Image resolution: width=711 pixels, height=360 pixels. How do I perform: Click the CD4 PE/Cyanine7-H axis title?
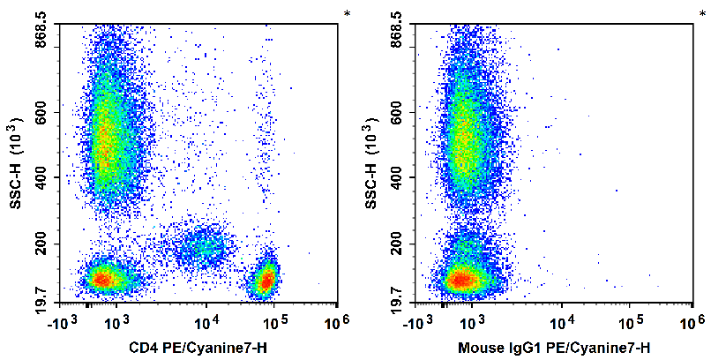[x=197, y=347]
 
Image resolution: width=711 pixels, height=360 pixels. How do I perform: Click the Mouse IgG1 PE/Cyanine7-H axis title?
[x=553, y=347]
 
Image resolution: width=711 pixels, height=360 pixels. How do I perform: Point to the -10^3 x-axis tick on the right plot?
[x=430, y=319]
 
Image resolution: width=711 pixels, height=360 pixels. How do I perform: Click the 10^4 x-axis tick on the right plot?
[x=561, y=319]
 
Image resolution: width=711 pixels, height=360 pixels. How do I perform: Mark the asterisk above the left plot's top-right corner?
[x=347, y=14]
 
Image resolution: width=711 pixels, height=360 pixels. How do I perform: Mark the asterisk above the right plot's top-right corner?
[x=703, y=14]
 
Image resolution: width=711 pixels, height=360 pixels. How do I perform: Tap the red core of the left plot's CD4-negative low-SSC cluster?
[x=101, y=280]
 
